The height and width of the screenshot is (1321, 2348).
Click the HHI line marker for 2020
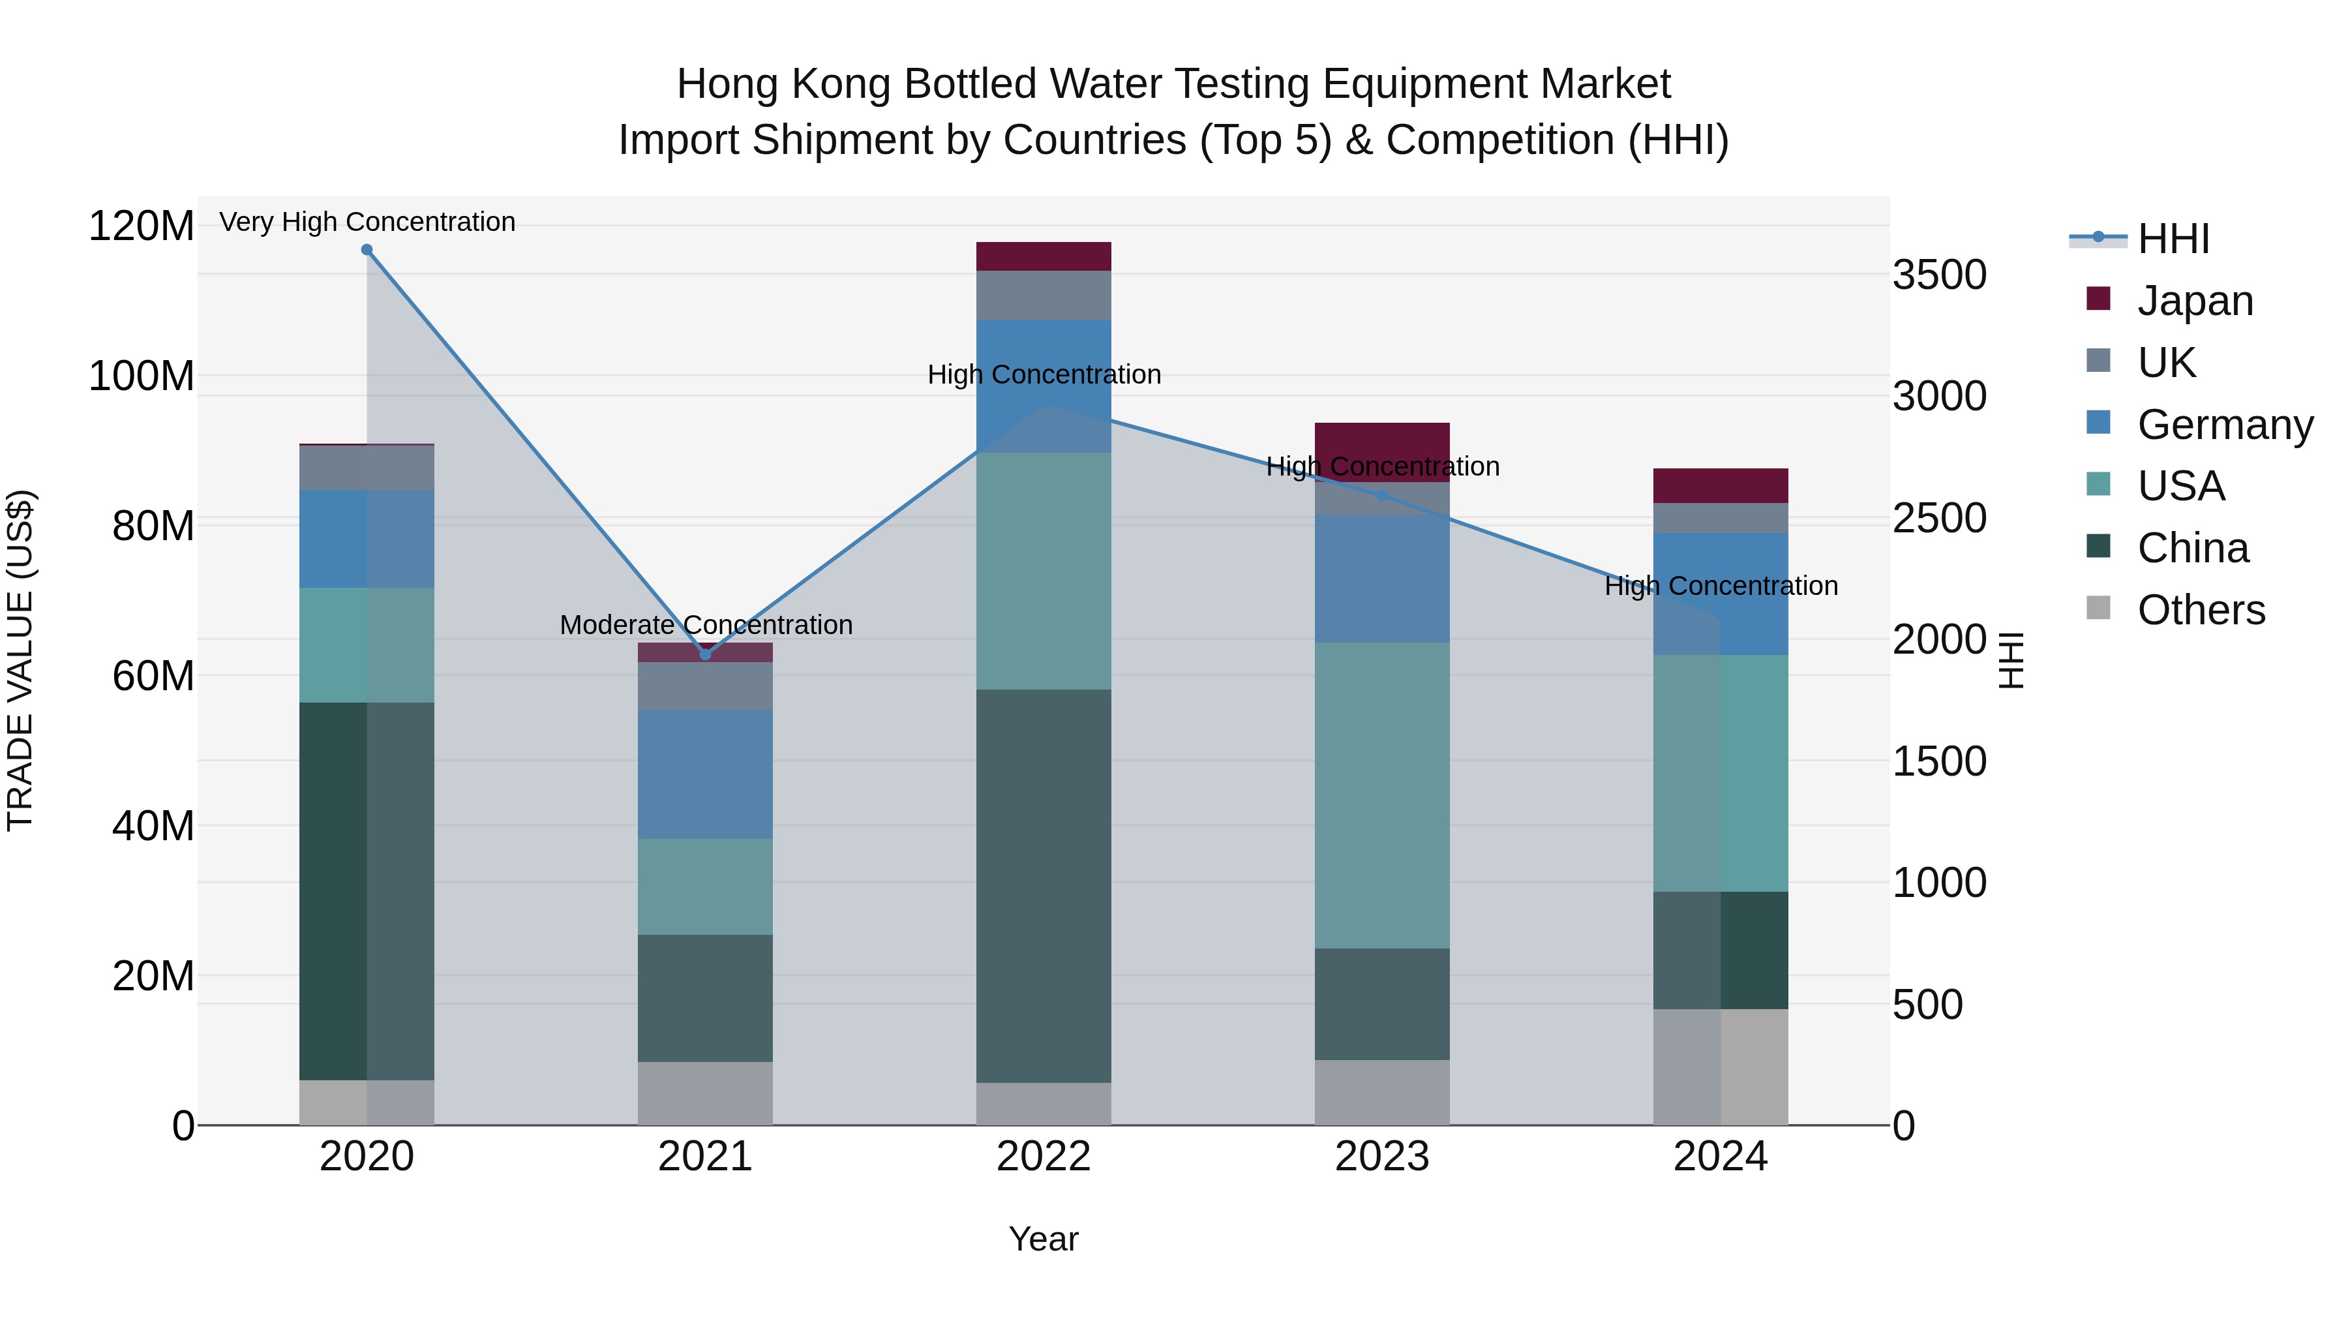367,250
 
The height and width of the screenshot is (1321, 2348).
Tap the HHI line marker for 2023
1382,496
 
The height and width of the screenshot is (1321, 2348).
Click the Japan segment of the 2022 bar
1044,256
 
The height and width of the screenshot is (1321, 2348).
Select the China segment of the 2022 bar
1044,886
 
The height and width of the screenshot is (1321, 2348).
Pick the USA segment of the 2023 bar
1382,795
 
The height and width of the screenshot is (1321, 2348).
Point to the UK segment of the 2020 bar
367,468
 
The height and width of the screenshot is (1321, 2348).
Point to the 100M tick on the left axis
142,376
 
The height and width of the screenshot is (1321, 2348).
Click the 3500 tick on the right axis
1940,275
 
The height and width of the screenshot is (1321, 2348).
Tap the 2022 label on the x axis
1044,1157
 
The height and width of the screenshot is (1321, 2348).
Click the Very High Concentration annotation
367,222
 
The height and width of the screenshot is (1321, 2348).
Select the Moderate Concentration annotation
706,626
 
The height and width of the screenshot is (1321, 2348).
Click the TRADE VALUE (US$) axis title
20,660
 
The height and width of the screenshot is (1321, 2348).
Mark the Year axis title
1044,1239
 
